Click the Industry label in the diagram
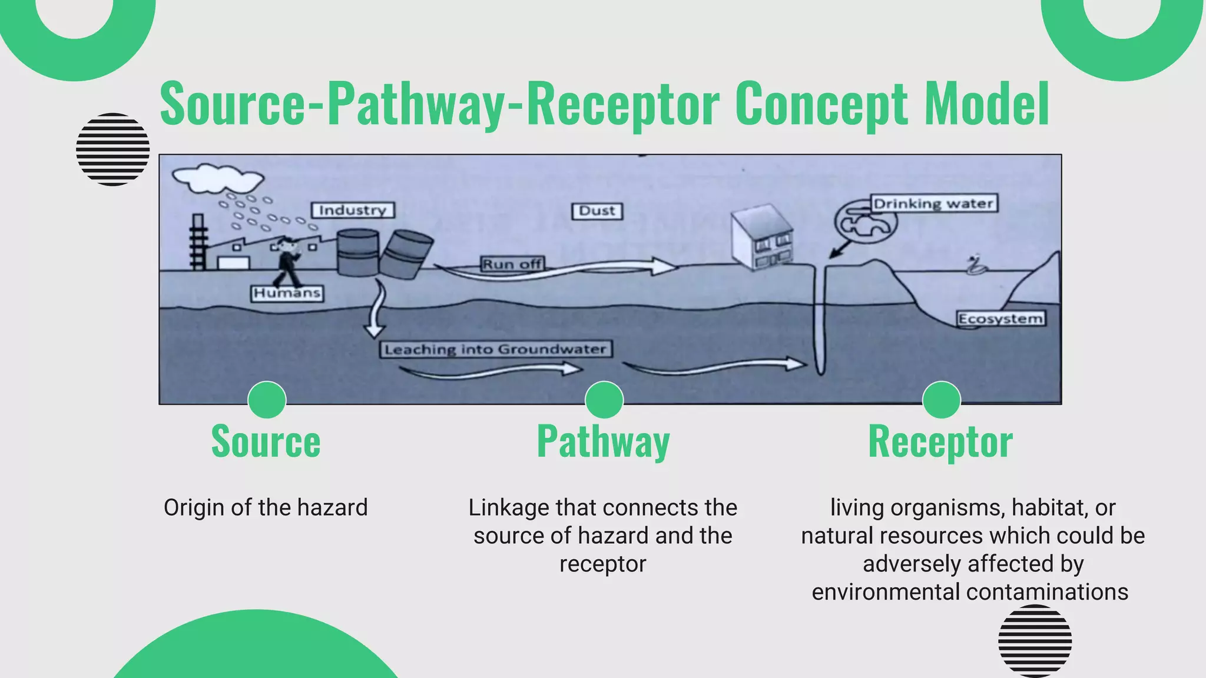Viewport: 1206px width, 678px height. point(353,210)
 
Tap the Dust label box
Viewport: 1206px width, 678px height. point(597,211)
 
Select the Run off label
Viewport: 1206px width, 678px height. point(512,264)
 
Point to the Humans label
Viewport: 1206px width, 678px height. point(287,293)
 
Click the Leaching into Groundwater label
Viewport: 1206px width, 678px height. point(495,350)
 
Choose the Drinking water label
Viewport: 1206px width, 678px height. point(933,204)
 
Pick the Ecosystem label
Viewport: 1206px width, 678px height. point(1000,319)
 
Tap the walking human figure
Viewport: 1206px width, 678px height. point(289,262)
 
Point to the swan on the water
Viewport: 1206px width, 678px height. point(976,266)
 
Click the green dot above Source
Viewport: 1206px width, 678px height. point(267,400)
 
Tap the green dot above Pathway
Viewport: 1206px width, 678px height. point(604,400)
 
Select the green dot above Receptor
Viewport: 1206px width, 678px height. point(941,400)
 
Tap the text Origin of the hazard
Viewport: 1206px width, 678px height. point(266,507)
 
